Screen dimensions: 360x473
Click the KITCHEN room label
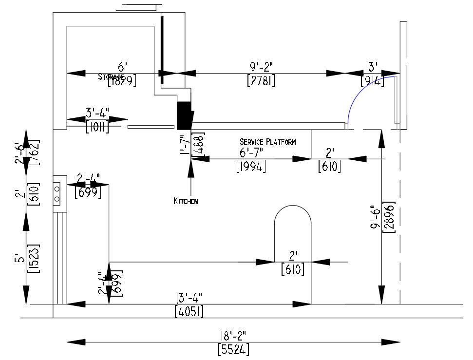tap(186, 201)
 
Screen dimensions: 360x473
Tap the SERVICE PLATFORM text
tap(267, 142)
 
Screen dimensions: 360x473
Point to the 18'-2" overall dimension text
tap(233, 335)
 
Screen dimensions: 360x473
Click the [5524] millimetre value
tap(233, 349)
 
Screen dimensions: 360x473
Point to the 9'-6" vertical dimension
tap(376, 217)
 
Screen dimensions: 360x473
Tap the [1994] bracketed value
tap(251, 167)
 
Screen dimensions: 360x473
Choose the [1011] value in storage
tap(97, 128)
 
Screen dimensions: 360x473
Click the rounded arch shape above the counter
tap(293, 224)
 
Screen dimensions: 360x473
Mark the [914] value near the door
tap(373, 80)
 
